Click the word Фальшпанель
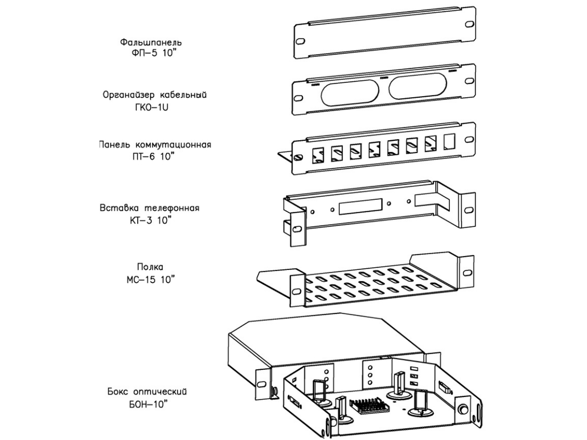(151, 42)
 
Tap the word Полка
(150, 267)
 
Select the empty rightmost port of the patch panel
(449, 141)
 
